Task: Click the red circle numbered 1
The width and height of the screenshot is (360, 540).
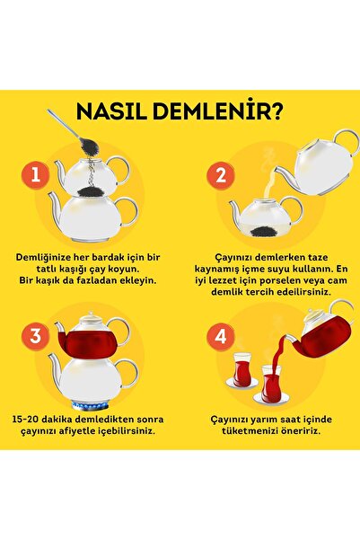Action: (x=36, y=175)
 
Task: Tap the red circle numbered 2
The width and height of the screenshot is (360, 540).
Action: (x=221, y=175)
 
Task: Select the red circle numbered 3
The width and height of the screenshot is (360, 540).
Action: (x=36, y=335)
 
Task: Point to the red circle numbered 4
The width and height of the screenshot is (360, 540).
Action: (x=221, y=335)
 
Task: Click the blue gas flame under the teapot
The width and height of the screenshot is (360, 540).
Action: (x=90, y=406)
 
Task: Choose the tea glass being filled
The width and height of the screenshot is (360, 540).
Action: (x=271, y=384)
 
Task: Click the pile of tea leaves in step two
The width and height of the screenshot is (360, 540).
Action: (x=263, y=232)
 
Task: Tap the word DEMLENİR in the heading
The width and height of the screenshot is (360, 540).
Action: (x=210, y=111)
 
